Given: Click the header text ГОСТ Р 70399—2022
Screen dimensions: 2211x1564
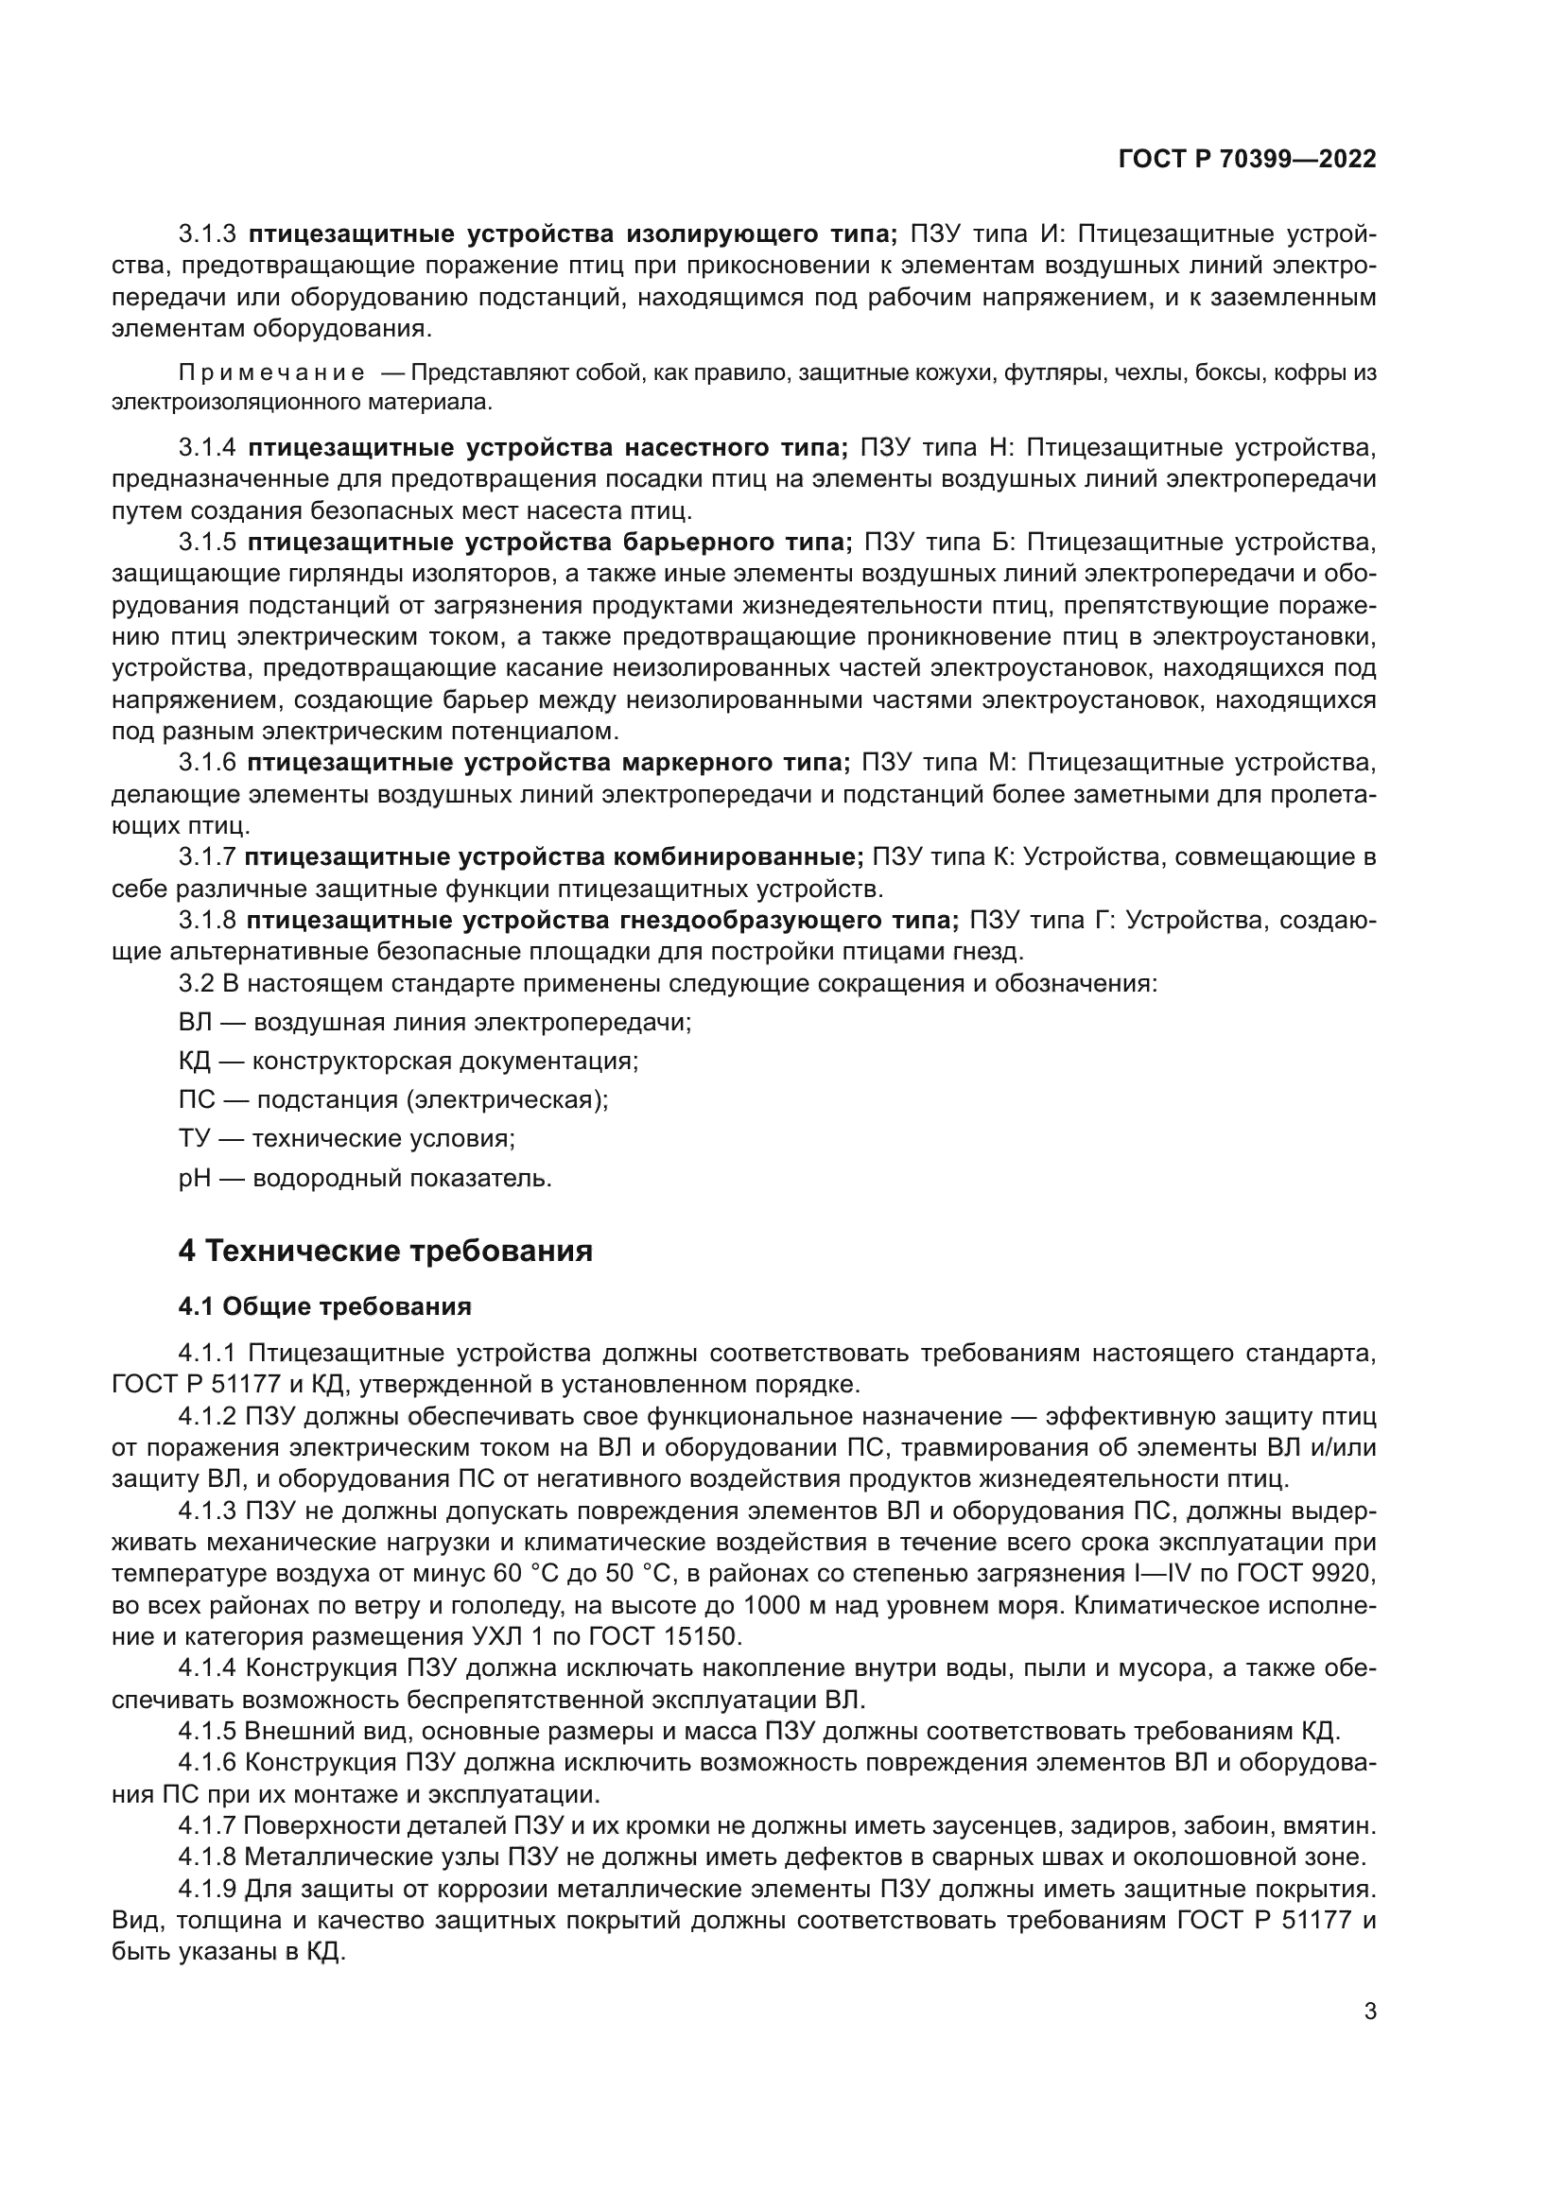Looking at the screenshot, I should tap(1246, 160).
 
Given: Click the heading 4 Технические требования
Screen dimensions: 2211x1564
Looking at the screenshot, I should tap(385, 1251).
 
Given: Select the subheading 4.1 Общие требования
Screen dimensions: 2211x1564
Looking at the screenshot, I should tap(324, 1305).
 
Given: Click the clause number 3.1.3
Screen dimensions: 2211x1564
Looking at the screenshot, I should tap(207, 234).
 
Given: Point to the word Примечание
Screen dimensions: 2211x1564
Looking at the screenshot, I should tap(271, 372).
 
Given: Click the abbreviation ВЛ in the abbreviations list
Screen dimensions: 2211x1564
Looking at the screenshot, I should tap(194, 1022).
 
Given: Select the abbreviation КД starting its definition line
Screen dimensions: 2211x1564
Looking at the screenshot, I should tap(194, 1061).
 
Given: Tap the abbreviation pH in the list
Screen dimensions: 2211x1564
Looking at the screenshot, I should tap(194, 1178).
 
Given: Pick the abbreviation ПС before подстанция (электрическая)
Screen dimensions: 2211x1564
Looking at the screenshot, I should tap(194, 1099).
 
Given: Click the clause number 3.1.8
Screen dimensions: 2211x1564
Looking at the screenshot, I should tap(207, 921).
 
